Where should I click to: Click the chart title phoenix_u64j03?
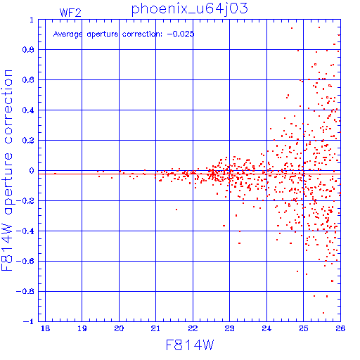[x=189, y=10]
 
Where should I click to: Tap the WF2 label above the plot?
[x=70, y=13]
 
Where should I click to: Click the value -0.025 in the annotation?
[x=181, y=34]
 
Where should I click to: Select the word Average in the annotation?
[x=67, y=34]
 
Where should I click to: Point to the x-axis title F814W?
[x=190, y=345]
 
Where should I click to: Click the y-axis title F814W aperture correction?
[x=7, y=170]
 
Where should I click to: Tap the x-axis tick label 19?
[x=82, y=328]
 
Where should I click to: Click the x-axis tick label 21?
[x=155, y=328]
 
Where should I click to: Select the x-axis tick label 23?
[x=229, y=328]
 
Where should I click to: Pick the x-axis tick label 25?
[x=303, y=328]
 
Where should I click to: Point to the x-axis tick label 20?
[x=119, y=328]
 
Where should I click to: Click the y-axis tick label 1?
[x=32, y=20]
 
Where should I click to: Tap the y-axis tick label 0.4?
[x=28, y=110]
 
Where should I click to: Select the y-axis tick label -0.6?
[x=25, y=261]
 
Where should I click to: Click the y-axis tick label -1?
[x=29, y=321]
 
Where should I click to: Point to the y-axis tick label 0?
[x=32, y=170]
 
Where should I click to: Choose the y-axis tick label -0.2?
[x=25, y=201]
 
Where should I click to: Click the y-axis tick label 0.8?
[x=28, y=50]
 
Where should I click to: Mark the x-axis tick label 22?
[x=193, y=328]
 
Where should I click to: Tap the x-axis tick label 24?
[x=266, y=328]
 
